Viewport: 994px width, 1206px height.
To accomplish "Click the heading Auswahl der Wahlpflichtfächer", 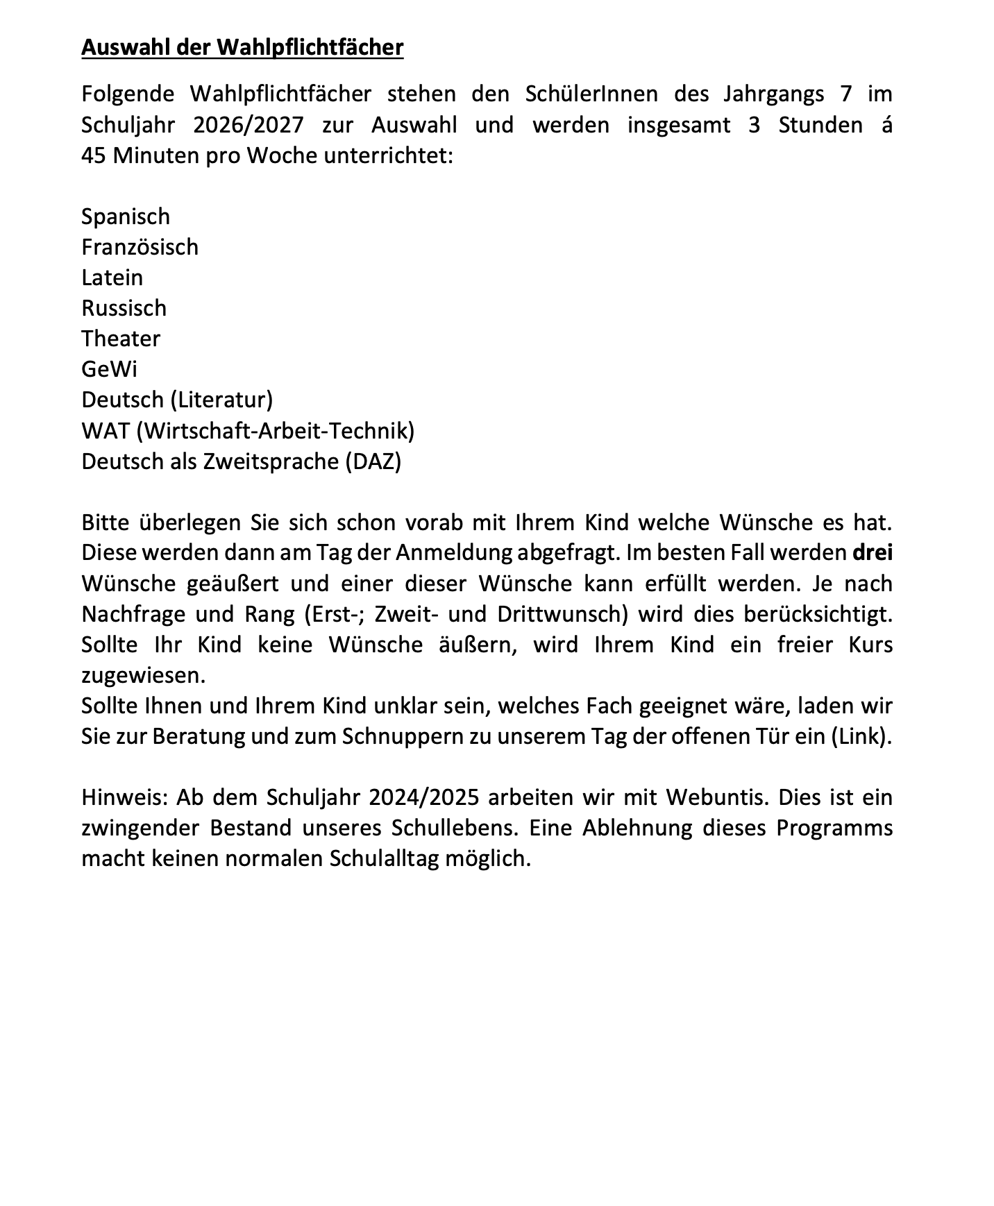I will [x=242, y=47].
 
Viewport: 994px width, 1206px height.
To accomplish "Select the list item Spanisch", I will [x=126, y=216].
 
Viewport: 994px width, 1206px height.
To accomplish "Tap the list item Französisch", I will [x=140, y=247].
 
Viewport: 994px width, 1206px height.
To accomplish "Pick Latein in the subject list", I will [x=112, y=278].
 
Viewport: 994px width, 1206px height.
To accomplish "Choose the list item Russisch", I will [x=124, y=308].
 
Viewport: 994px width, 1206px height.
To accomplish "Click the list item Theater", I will [x=121, y=339].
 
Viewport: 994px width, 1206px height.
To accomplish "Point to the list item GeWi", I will [x=109, y=369].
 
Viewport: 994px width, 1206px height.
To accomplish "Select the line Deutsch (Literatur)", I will [x=177, y=400].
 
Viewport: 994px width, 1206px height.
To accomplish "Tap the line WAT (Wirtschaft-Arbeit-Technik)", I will [x=248, y=431].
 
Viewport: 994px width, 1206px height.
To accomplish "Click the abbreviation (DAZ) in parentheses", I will [x=373, y=461].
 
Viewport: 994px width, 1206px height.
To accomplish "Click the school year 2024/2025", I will [x=424, y=797].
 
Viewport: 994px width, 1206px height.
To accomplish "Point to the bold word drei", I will [x=873, y=553].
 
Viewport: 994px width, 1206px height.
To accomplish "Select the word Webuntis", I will [x=718, y=797].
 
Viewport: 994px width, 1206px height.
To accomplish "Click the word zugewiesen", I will [x=144, y=675].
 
